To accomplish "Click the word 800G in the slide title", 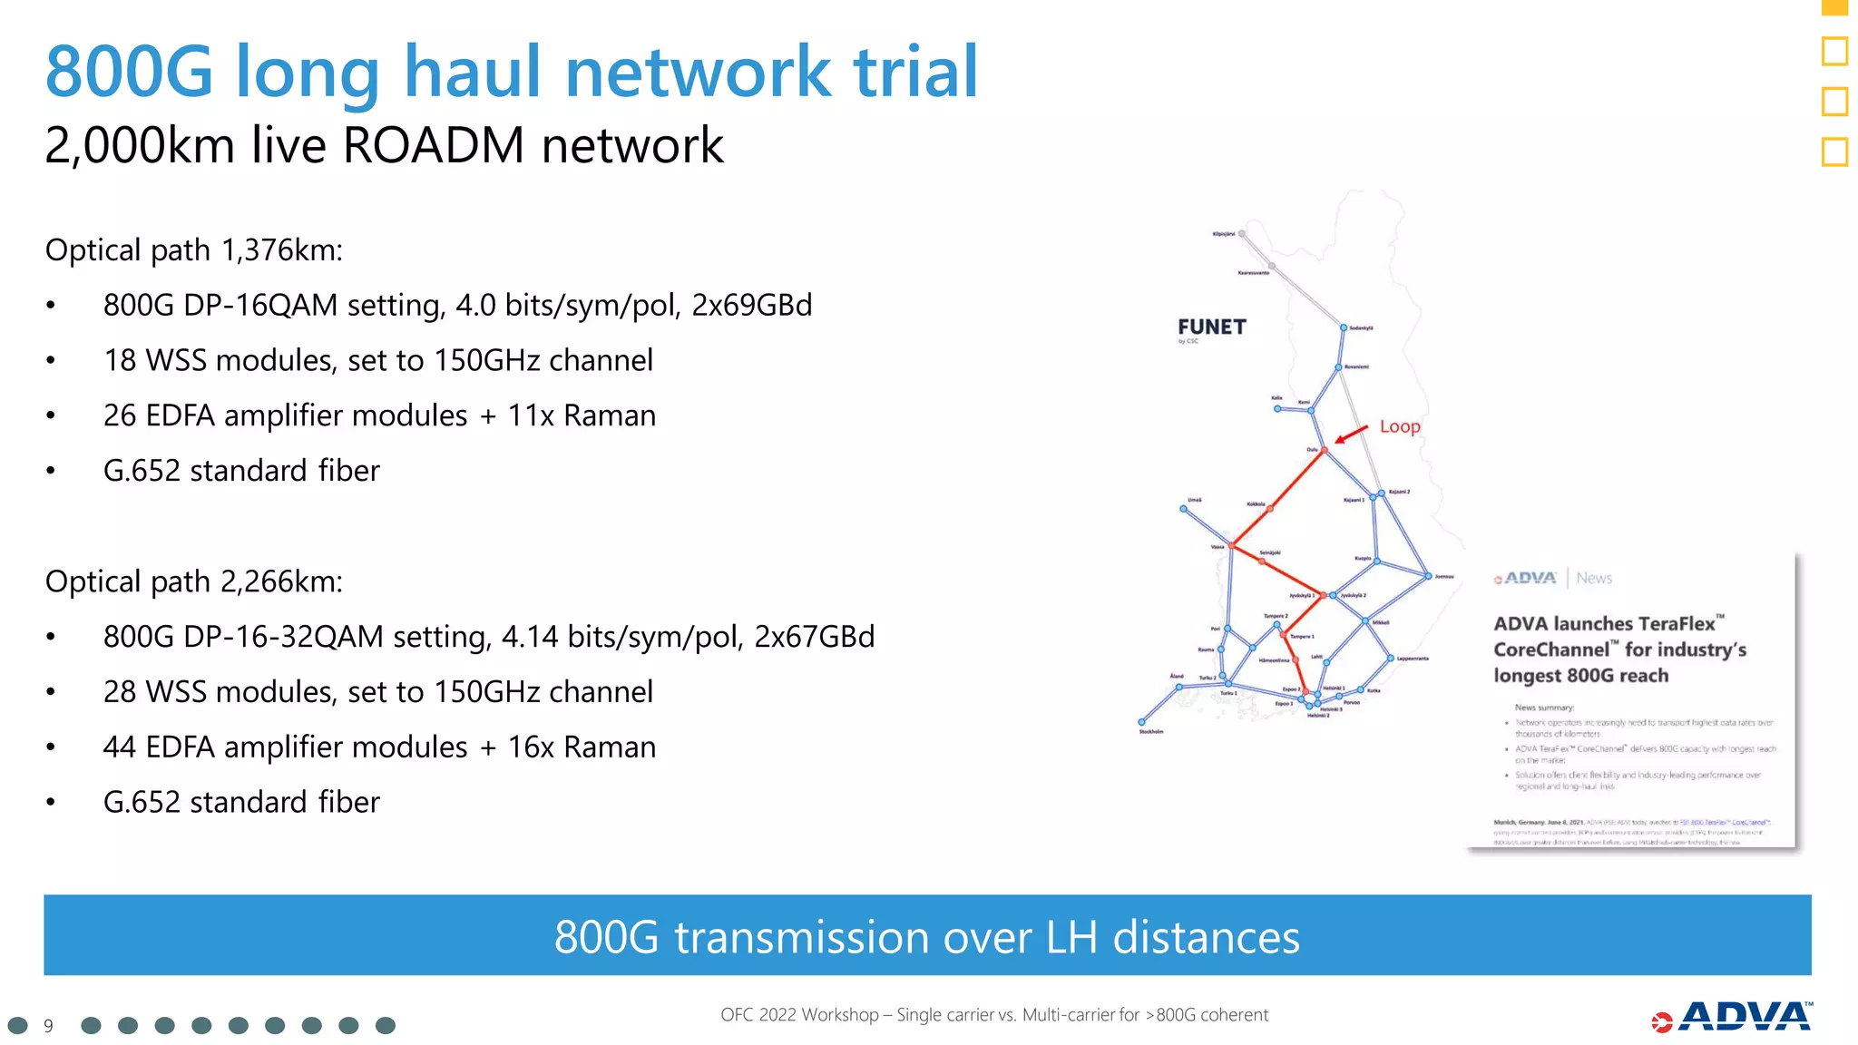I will pyautogui.click(x=129, y=72).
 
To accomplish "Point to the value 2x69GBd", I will pyautogui.click(x=751, y=306).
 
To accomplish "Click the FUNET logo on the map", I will pyautogui.click(x=1211, y=327).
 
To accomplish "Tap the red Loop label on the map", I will pyautogui.click(x=1399, y=426).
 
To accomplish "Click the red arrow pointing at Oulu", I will pyautogui.click(x=1352, y=434).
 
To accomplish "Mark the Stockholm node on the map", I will pyautogui.click(x=1142, y=722).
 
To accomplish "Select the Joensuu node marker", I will pyautogui.click(x=1428, y=576).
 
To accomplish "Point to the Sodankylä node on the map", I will pyautogui.click(x=1344, y=327).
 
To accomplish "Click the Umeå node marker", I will pyautogui.click(x=1183, y=509).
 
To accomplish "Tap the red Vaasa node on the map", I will pyautogui.click(x=1232, y=546).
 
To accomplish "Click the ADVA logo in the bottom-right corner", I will pyautogui.click(x=1733, y=1017).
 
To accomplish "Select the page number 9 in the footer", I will pyautogui.click(x=49, y=1026).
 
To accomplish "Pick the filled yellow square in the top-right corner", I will pyautogui.click(x=1834, y=7).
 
